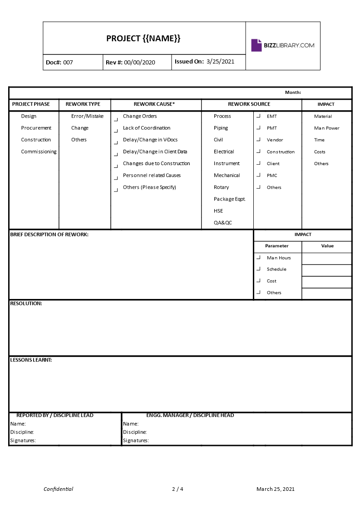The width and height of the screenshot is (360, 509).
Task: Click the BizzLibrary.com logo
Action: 282,45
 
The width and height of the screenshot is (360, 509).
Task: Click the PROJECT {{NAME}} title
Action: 143,39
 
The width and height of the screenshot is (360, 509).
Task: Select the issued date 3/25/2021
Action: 220,62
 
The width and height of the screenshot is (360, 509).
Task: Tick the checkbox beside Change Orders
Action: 115,119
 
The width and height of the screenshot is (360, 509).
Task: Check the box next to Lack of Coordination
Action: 115,131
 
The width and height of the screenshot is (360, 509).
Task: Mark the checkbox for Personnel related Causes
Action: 115,178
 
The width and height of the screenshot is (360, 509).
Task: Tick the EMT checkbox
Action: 258,116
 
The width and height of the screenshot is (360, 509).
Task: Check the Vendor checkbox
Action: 258,140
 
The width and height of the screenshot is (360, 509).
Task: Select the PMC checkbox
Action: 258,175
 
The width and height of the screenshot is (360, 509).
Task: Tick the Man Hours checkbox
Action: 258,258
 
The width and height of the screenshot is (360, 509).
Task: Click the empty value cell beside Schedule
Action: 326,270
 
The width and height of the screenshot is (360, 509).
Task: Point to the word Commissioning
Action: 39,152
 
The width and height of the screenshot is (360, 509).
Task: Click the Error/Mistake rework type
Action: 87,116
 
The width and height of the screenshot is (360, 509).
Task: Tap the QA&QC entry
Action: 223,222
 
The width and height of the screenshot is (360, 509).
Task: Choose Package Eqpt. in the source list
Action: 230,199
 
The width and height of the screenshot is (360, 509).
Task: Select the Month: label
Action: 293,93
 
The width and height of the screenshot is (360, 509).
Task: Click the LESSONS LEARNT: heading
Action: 31,360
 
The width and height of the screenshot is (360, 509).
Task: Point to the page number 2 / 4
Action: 178,489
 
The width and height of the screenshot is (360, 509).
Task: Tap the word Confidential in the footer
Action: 58,489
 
